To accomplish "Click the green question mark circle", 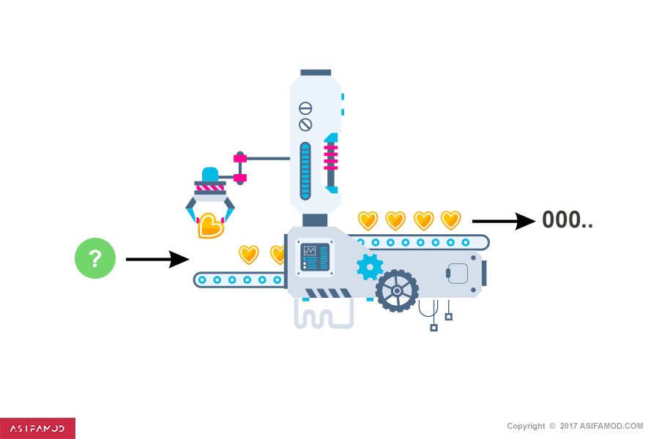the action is [x=95, y=258].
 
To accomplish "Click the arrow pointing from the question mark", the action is [x=157, y=259].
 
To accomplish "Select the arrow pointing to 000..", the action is [x=504, y=221].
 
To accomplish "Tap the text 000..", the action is [x=567, y=219].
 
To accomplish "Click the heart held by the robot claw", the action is [x=211, y=226].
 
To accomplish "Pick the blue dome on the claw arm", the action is [x=210, y=174].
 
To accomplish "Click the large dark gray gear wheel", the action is [x=397, y=290].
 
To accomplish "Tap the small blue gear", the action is [x=370, y=267].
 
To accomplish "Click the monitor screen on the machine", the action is [x=315, y=257].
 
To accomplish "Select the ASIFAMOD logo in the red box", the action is [x=37, y=429].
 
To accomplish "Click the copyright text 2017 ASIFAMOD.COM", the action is [x=601, y=426].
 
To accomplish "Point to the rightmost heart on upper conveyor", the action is [x=451, y=220].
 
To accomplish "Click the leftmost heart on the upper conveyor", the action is [x=368, y=220].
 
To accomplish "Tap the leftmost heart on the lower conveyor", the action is [x=249, y=255].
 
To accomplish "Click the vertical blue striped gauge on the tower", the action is [x=305, y=171].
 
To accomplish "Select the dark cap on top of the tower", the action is [x=316, y=72].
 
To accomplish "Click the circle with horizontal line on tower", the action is [x=305, y=108].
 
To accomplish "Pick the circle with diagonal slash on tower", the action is [x=305, y=125].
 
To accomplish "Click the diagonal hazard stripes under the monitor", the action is [x=328, y=293].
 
